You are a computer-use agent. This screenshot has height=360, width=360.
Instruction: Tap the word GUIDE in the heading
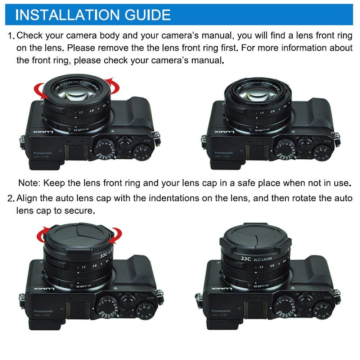(146, 15)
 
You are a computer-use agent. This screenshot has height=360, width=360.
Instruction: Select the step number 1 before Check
(10, 36)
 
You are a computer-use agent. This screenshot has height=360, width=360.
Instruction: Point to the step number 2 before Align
(10, 198)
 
